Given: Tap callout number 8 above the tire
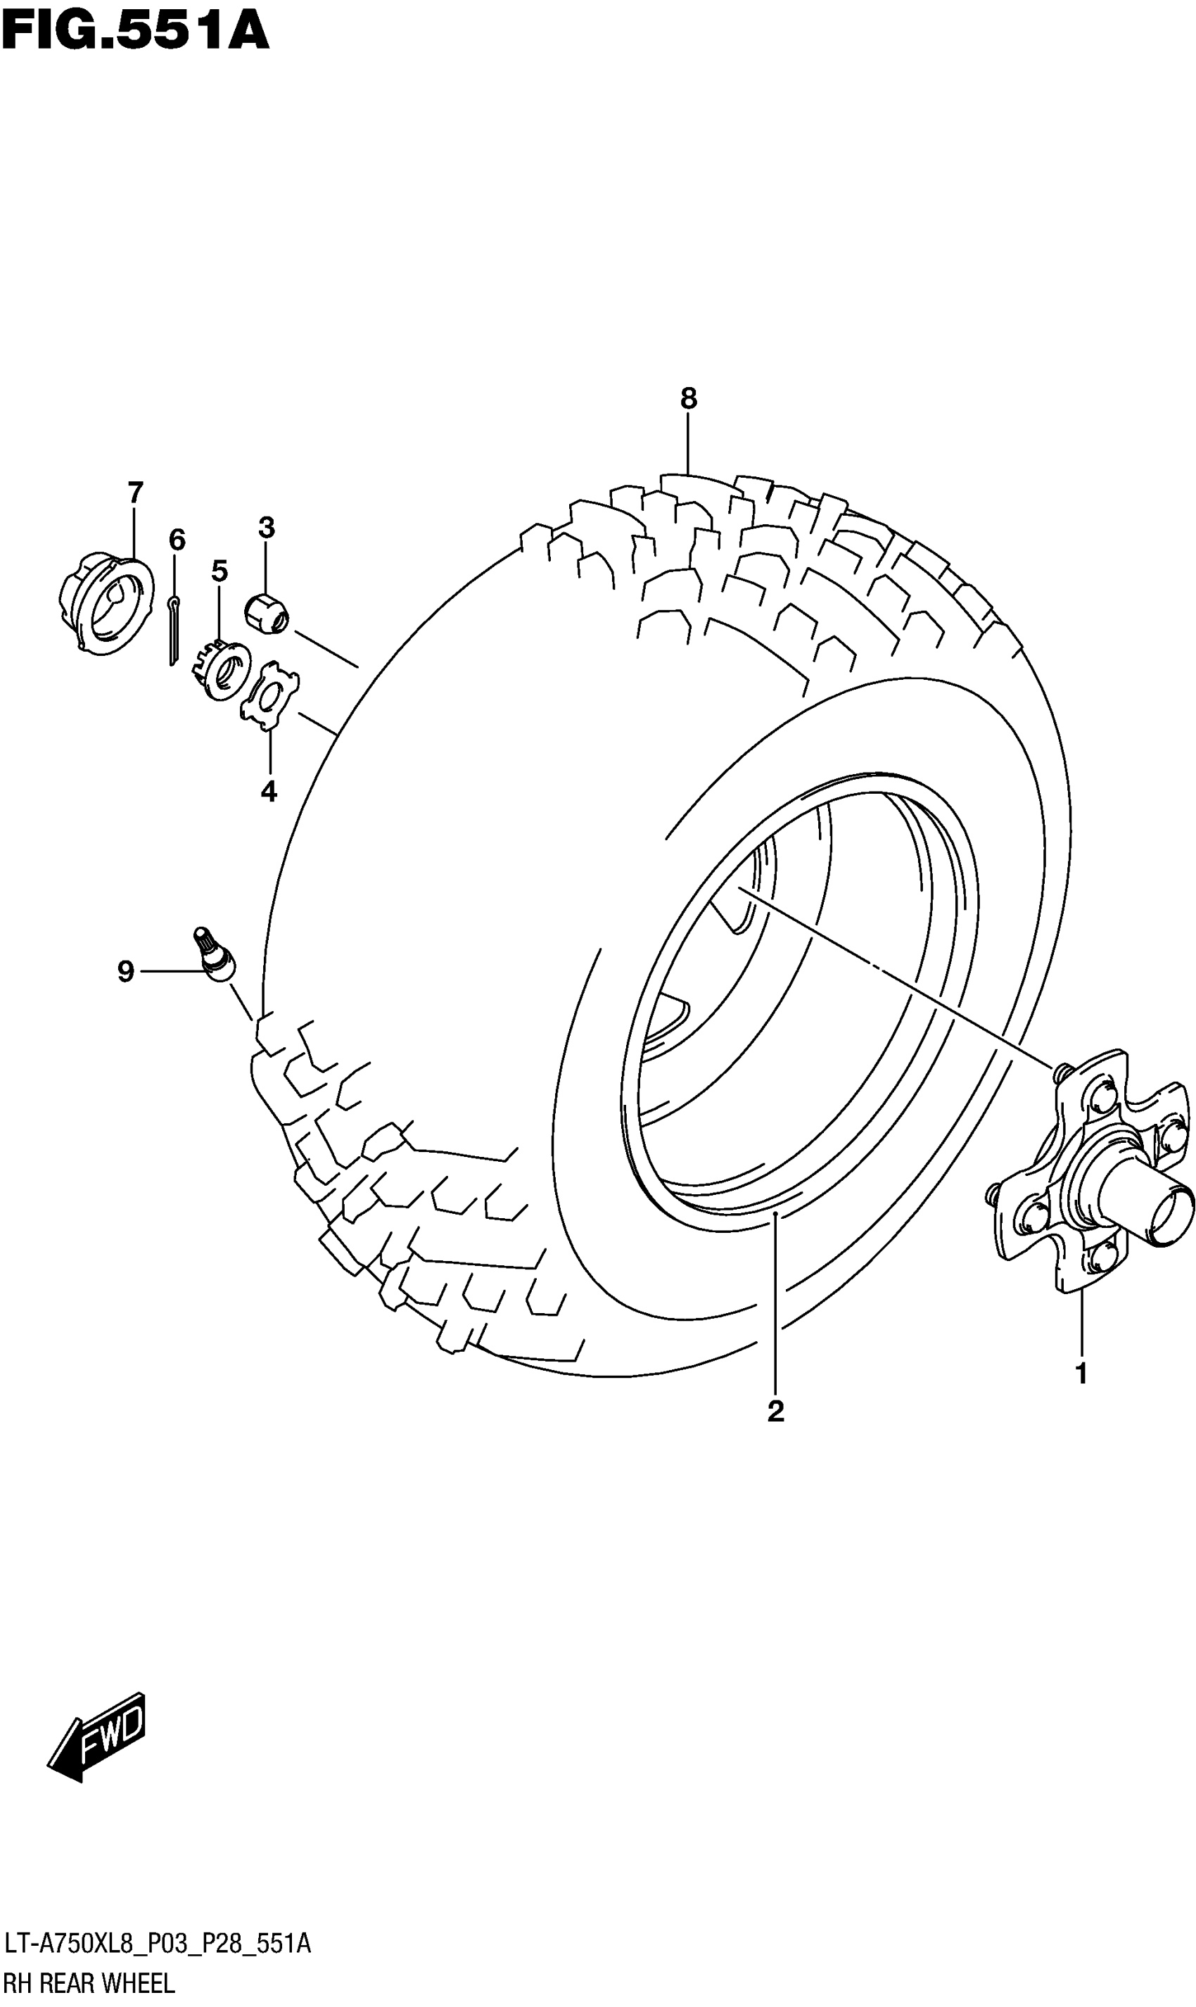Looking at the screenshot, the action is click(688, 398).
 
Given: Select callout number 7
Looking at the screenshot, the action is click(135, 492).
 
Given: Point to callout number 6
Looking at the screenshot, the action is click(177, 539).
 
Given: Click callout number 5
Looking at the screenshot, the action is click(220, 571).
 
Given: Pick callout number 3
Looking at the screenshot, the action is click(267, 528).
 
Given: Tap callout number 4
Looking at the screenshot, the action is click(269, 792).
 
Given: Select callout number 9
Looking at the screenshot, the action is click(126, 972).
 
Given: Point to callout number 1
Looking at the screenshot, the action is click(1081, 1374).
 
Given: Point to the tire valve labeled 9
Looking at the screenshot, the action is click(215, 956).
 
